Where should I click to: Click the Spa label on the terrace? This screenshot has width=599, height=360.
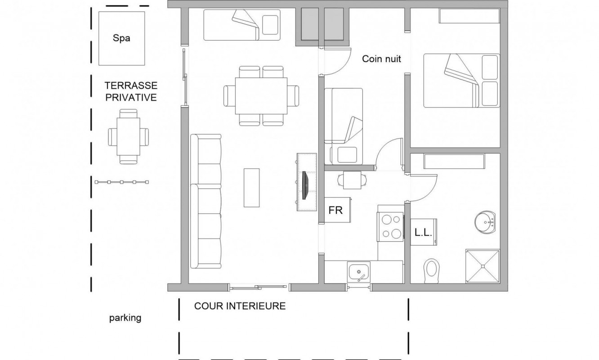121,38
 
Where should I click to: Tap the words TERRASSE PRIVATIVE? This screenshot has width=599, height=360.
131,91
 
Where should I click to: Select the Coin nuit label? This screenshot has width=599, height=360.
381,59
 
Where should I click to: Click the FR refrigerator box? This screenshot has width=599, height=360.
337,210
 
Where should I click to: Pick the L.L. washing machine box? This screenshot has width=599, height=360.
424,232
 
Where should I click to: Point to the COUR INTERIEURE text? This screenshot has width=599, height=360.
240,306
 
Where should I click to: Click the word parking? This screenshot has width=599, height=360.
125,318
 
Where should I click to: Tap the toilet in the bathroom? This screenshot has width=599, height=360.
432,271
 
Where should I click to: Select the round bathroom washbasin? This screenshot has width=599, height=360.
485,222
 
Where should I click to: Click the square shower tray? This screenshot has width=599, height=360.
483,266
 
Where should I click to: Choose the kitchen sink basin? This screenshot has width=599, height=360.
358,272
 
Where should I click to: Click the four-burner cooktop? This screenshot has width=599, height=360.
390,227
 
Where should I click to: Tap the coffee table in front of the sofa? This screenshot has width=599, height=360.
251,188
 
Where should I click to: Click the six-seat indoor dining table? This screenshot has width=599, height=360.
261,96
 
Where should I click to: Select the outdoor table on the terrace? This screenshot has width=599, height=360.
128,136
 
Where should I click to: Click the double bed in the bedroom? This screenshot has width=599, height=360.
461,81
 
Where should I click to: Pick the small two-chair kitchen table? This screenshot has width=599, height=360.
352,180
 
